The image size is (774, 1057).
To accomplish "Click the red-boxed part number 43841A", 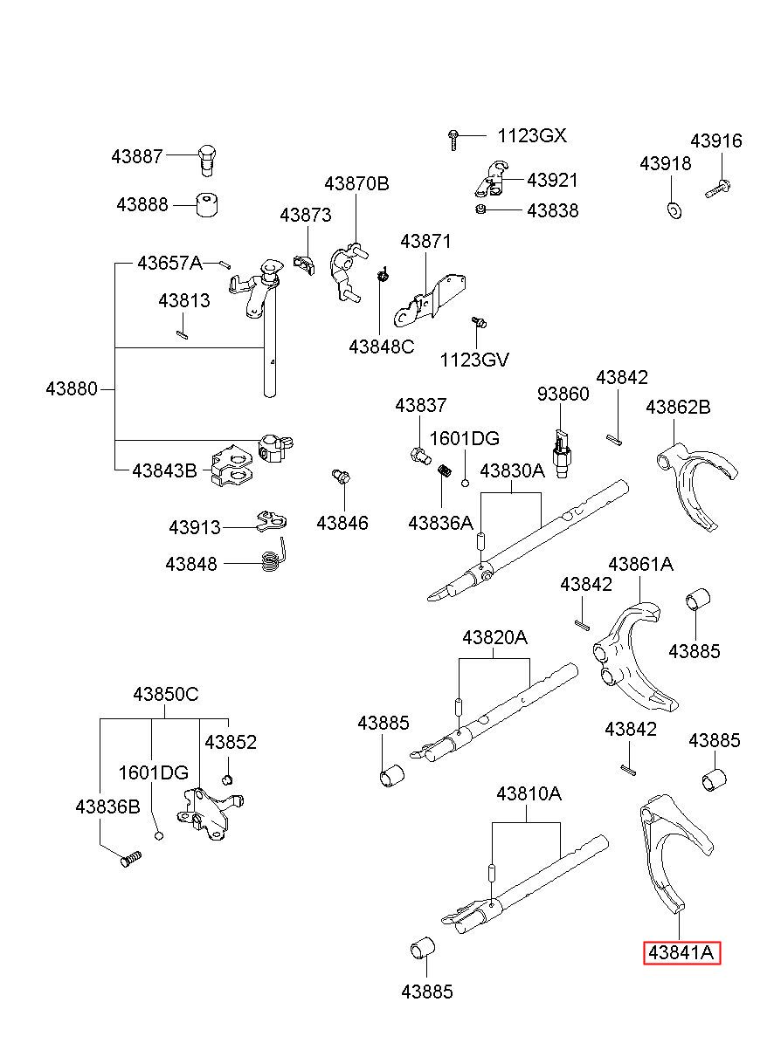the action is pos(681,952).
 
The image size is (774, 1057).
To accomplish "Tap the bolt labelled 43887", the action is pos(206,161).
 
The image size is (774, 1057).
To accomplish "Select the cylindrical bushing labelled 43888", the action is pos(207,204).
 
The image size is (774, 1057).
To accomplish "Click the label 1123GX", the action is pos(532,135).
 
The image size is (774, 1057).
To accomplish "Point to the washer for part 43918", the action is pos(674,210).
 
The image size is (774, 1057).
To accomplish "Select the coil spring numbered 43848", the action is pos(274,556).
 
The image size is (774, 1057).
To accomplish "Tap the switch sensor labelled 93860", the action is pos(561,453).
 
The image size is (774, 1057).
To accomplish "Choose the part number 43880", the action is pos(72,388).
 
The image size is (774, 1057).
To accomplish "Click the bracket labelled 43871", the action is pos(430,300).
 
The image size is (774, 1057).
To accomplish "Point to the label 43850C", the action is pos(166,694).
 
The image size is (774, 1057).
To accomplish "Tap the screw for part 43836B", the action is pos(130,859).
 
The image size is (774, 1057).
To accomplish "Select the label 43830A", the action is pos(513,470).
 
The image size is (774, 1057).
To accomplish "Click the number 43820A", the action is pos(494,637).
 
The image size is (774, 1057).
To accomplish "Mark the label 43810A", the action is pos(529,794).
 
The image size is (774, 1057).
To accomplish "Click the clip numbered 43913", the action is pos(272,520).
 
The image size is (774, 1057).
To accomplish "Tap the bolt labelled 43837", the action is pos(419,456).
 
